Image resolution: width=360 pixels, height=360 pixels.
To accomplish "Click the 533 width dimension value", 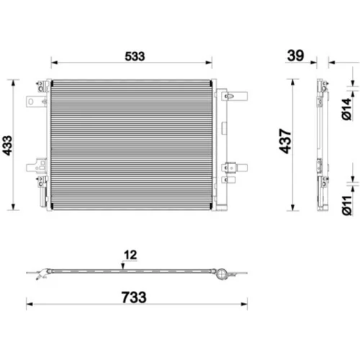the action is (x=135, y=56).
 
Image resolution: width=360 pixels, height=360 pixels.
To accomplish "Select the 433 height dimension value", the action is (x=7, y=145).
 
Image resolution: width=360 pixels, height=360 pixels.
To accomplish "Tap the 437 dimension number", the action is (x=285, y=141).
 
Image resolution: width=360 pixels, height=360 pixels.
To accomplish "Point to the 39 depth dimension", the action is (x=295, y=55).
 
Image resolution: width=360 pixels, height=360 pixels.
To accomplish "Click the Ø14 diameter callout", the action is (x=346, y=109).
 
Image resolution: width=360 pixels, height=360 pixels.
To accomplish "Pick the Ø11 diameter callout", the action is (x=346, y=205).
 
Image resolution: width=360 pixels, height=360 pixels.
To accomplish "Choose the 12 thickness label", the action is (x=130, y=255).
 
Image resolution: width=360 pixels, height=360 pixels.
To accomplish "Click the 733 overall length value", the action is (x=134, y=297).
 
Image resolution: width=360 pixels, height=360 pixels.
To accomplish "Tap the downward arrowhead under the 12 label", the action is (x=123, y=266).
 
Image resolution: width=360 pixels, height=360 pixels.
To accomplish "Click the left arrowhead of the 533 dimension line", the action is (x=54, y=63).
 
